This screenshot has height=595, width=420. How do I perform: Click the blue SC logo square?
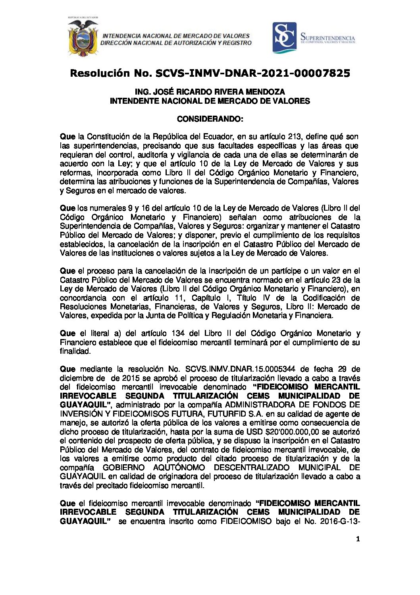[284, 38]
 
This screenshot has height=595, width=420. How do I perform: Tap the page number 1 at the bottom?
[358, 539]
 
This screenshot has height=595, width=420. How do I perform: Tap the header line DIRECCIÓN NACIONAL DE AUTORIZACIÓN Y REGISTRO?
[176, 43]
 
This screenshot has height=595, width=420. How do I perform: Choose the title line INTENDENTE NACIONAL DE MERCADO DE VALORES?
[210, 101]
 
